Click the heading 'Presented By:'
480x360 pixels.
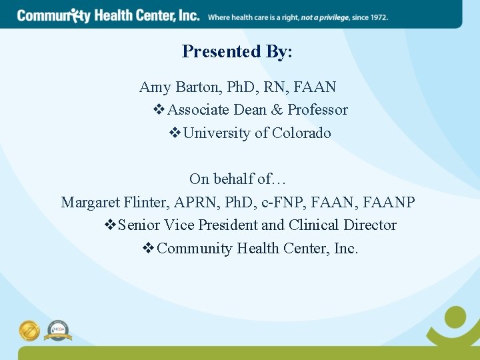pos(237,51)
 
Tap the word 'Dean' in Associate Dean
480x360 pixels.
pos(250,110)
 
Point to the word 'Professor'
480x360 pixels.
pos(317,110)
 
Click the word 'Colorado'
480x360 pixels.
pos(301,133)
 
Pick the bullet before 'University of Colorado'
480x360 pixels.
pos(175,133)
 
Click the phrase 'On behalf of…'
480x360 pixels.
pos(237,179)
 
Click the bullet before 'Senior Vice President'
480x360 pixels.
pos(110,225)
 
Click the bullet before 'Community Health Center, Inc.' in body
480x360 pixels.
pos(149,249)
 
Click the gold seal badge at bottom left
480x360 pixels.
pos(29,330)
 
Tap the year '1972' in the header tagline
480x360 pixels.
pos(378,17)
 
